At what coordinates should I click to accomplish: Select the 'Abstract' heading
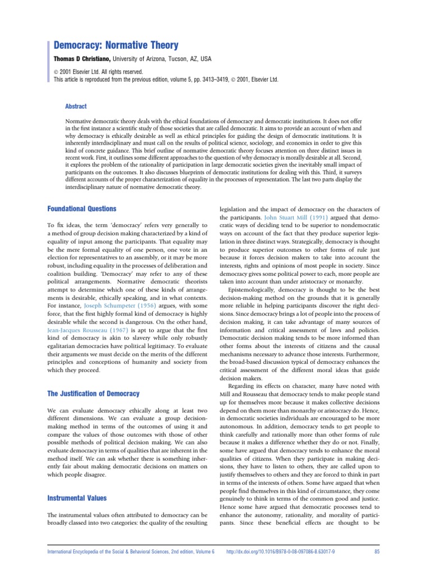point(76,106)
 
